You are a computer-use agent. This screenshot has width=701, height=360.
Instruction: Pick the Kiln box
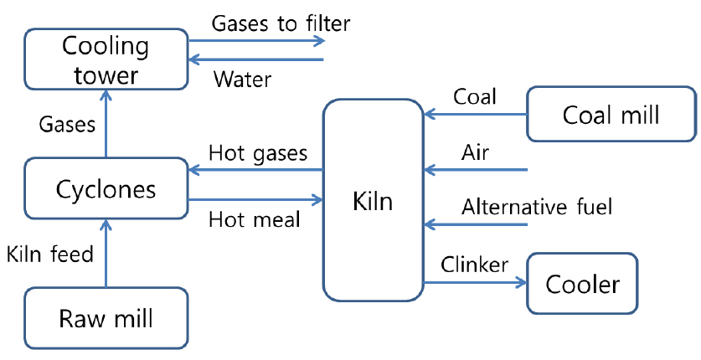[373, 201]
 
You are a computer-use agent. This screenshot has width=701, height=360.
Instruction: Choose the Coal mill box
[611, 114]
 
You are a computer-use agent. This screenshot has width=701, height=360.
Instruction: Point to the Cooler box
[582, 285]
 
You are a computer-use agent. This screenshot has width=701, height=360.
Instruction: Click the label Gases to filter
[281, 23]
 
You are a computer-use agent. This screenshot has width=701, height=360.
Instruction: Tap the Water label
[244, 80]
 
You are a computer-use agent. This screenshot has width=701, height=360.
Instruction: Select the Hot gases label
[258, 154]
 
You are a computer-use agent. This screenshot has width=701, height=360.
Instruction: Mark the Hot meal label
[254, 220]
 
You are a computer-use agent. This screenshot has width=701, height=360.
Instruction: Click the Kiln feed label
[49, 254]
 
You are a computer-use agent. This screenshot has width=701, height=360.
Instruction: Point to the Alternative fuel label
[537, 207]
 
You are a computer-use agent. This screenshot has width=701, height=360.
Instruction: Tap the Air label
[476, 153]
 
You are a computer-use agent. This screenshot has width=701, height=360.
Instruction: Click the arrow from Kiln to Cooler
[474, 283]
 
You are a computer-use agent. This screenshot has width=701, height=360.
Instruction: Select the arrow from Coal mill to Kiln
[474, 115]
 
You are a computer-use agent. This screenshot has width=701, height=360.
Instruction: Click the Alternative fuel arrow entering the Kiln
[474, 224]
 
